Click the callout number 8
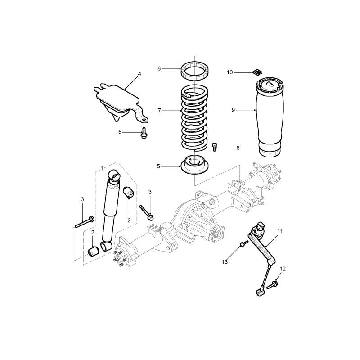[159, 68]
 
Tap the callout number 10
[230, 72]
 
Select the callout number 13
[225, 261]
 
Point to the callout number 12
[283, 269]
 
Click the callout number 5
[158, 166]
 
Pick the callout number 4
[139, 74]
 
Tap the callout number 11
[280, 231]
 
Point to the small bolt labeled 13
[244, 243]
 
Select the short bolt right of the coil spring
[215, 147]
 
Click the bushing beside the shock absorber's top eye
[128, 192]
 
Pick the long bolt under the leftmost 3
[85, 222]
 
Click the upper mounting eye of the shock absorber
[114, 175]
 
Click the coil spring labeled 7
[194, 118]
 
